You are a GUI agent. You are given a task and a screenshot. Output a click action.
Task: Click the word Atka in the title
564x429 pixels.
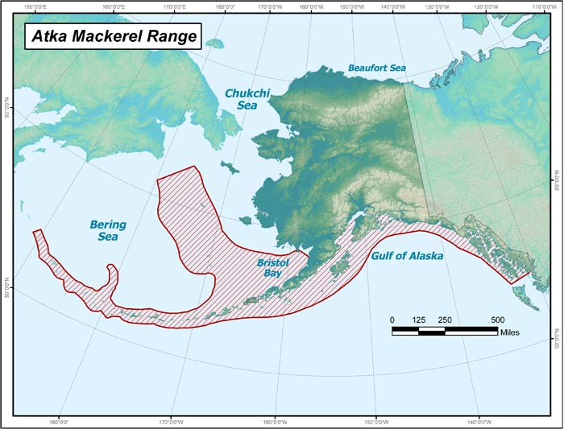(49, 35)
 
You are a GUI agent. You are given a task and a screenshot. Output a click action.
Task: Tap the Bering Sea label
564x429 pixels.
(103, 230)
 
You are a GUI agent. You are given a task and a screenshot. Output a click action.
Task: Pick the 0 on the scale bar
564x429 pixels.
(392, 320)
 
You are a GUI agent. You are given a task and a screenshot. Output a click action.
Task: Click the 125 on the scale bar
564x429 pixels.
(418, 320)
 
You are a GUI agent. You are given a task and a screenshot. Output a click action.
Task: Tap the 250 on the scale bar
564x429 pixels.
(445, 320)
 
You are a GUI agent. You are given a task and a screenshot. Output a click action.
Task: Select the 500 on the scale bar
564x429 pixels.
(497, 320)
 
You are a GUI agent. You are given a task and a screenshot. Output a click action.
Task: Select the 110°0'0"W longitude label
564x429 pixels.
(538, 7)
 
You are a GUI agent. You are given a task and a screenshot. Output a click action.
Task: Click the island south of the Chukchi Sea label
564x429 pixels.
(232, 170)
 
